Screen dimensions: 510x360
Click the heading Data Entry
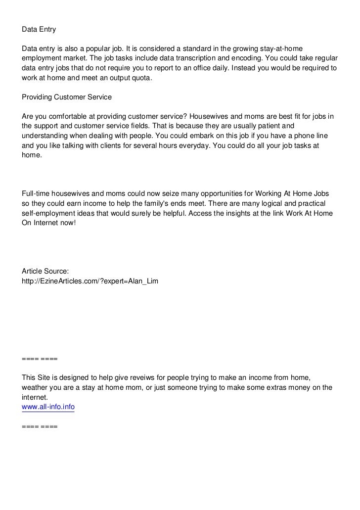39,30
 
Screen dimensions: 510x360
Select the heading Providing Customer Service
67,97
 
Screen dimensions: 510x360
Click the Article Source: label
45,271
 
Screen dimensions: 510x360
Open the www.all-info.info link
48,407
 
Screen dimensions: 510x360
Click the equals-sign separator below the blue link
40,426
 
